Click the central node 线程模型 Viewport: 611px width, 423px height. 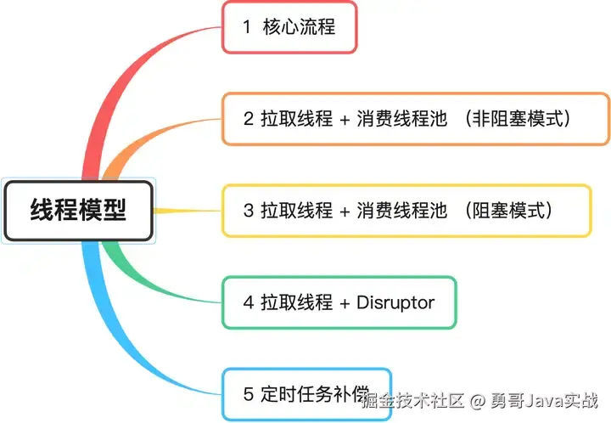pyautogui.click(x=78, y=209)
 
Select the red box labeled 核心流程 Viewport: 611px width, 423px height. pyautogui.click(x=289, y=26)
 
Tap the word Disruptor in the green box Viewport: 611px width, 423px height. pyautogui.click(x=395, y=302)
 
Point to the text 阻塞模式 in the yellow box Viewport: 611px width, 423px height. pyautogui.click(x=509, y=210)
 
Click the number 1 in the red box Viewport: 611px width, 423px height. pyautogui.click(x=247, y=26)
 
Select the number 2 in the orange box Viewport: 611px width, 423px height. pyautogui.click(x=248, y=118)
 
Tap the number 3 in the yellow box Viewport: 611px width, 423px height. pyautogui.click(x=248, y=210)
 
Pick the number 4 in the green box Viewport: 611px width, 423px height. pyautogui.click(x=248, y=302)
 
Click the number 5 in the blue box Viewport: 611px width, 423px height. pyautogui.click(x=248, y=393)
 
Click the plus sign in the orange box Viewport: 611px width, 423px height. pyautogui.click(x=345, y=119)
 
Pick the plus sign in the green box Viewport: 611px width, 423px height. pyautogui.click(x=345, y=302)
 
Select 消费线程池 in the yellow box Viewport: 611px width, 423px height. pyautogui.click(x=401, y=210)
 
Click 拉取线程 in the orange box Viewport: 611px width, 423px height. pyautogui.click(x=296, y=118)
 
